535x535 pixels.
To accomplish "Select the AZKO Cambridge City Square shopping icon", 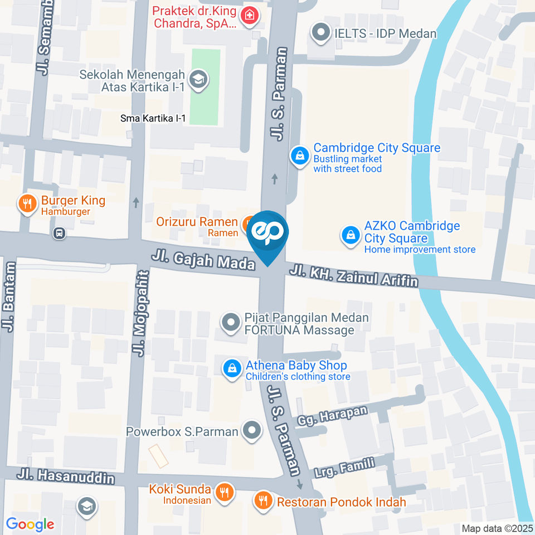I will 351,235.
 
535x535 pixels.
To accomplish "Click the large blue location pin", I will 267,234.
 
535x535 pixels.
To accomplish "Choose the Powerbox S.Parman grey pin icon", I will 253,431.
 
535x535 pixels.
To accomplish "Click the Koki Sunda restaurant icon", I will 225,493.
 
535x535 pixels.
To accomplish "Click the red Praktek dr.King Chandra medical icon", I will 249,17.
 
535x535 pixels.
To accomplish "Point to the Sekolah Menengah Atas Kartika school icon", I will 198,80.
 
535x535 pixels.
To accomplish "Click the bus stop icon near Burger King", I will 59,234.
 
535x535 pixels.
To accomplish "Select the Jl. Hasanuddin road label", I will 66,477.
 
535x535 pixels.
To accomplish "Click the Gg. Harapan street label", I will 333,416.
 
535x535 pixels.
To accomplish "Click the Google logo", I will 30,524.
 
